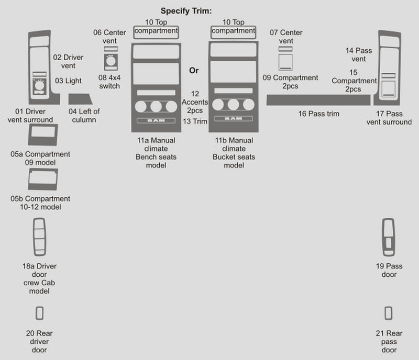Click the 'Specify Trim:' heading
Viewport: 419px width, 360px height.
(x=189, y=11)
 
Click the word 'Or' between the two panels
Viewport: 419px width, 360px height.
(x=194, y=70)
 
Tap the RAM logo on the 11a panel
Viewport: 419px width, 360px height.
(x=156, y=121)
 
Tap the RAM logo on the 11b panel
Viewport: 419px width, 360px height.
(x=233, y=119)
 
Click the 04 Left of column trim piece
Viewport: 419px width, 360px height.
(x=81, y=99)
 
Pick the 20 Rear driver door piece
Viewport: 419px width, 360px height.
(x=39, y=313)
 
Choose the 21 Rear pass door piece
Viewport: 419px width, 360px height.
(x=388, y=312)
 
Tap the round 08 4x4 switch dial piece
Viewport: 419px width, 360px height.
(x=110, y=62)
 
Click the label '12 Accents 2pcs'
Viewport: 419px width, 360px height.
(x=194, y=102)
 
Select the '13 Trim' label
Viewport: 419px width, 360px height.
(x=194, y=121)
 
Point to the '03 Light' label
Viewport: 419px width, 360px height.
(x=68, y=81)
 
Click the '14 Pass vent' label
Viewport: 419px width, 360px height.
(x=359, y=54)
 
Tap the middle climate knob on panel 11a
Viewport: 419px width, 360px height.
(x=156, y=107)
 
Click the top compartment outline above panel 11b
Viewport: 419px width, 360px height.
(x=233, y=31)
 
